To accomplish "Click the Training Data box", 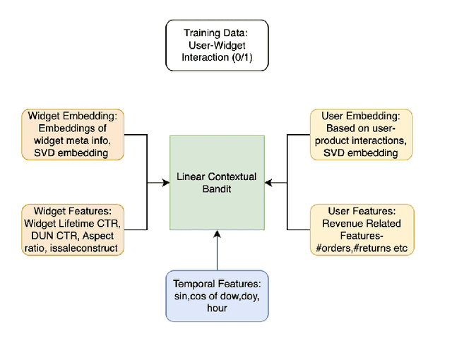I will click(217, 45).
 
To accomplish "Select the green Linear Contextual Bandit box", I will click(217, 182).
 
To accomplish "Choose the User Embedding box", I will click(361, 134).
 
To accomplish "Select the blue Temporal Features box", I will click(217, 294).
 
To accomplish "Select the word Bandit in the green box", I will click(217, 188).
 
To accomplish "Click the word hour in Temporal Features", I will click(217, 308).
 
